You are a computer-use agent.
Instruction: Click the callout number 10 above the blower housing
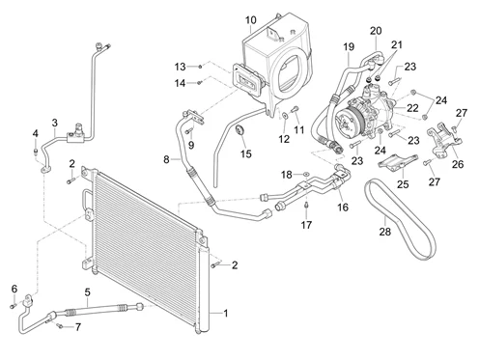click(x=251, y=20)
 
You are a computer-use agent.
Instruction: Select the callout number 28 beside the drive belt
click(x=384, y=232)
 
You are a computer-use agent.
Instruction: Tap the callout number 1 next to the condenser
click(x=226, y=313)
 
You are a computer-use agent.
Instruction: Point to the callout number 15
click(x=246, y=153)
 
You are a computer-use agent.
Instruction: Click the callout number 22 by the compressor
click(x=412, y=108)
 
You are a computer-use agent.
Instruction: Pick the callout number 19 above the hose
click(x=349, y=47)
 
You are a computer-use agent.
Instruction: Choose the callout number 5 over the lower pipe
click(x=87, y=292)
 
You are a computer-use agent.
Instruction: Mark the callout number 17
click(x=306, y=225)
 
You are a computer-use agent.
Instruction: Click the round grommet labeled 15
click(x=240, y=131)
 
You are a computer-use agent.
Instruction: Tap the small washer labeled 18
click(x=306, y=175)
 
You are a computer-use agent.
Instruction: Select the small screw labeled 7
click(x=60, y=326)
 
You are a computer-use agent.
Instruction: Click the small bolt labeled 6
click(x=13, y=306)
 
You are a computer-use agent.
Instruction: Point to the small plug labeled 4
click(x=36, y=151)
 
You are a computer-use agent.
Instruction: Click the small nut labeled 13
click(x=200, y=67)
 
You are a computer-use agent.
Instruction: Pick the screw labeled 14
click(x=199, y=83)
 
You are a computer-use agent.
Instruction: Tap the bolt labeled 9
click(x=189, y=131)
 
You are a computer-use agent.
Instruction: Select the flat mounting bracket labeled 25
click(x=398, y=162)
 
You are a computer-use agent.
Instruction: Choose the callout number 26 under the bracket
click(x=457, y=164)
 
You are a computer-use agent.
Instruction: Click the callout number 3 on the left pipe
click(x=55, y=123)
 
